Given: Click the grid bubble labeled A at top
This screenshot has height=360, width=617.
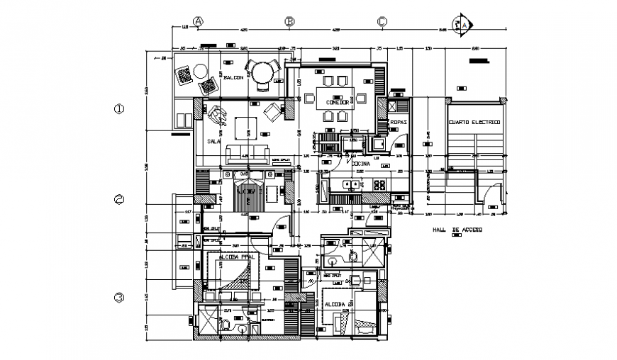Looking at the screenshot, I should pos(199,21).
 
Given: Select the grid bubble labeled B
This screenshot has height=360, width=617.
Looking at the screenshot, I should pos(289,21).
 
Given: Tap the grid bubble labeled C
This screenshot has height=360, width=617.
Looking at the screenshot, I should pos(382,21).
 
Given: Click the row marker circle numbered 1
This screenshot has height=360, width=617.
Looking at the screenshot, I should pos(119,109).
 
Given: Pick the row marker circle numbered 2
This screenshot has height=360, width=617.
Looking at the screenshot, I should pos(119,200).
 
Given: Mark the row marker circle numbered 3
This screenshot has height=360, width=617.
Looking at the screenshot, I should pos(119,297).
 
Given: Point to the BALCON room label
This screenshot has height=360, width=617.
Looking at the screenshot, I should pos(233,77).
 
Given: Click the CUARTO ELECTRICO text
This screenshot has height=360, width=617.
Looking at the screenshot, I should pos(474,123).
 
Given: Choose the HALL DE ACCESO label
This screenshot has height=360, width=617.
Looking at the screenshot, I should pos(457,230).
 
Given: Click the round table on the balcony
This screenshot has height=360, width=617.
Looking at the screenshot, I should pos(267,72).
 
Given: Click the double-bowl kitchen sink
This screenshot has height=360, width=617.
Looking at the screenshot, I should pos(350,185).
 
